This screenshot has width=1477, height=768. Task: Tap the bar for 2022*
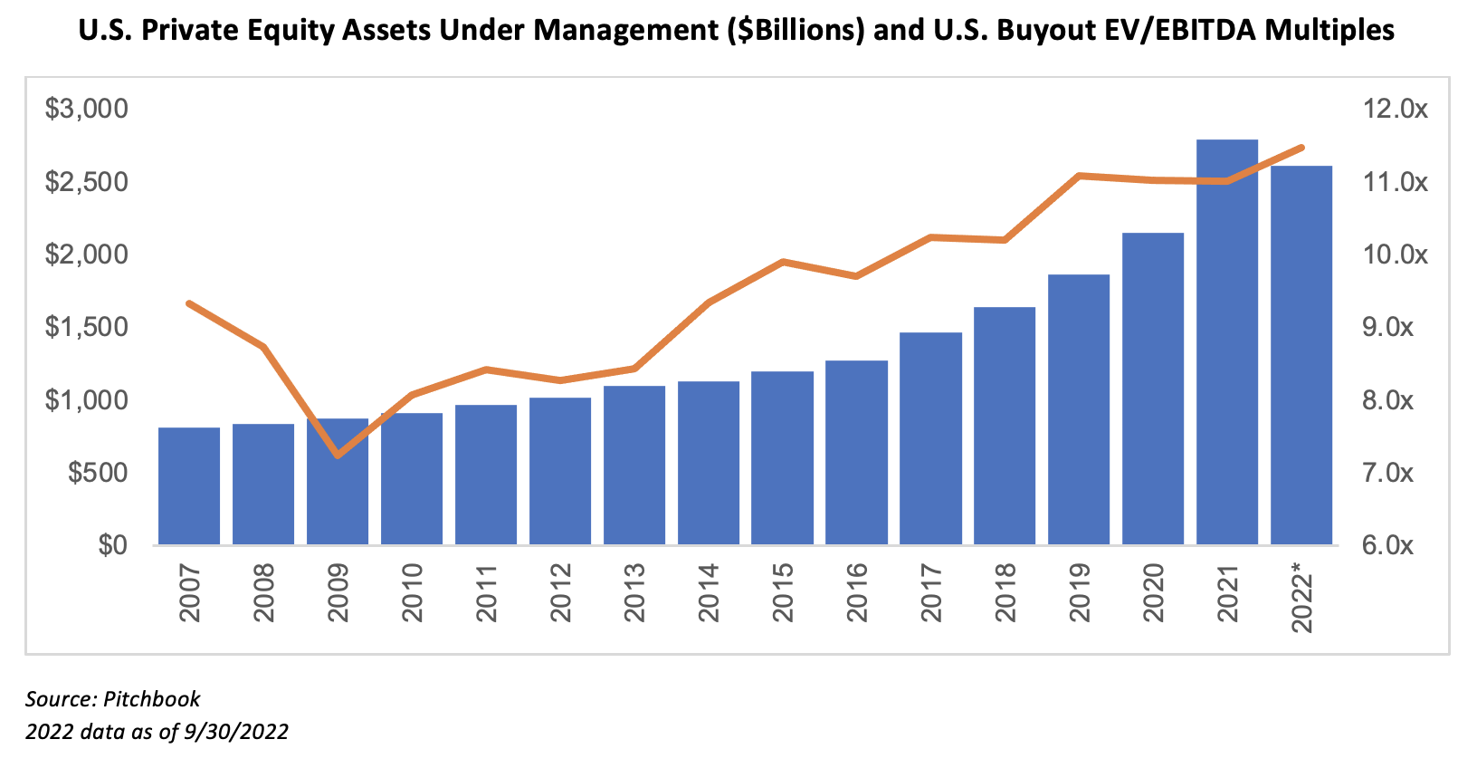(x=1301, y=362)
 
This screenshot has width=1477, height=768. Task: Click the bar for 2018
(x=1005, y=426)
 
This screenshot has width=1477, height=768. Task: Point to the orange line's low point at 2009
(x=338, y=455)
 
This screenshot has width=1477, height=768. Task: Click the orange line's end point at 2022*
(x=1301, y=148)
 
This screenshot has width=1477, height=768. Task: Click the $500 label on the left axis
(x=100, y=473)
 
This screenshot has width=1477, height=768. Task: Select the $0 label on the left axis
(x=112, y=545)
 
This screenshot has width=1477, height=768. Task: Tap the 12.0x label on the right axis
(x=1395, y=110)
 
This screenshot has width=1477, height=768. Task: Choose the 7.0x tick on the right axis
(x=1387, y=473)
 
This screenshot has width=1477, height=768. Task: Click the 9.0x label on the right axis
(x=1387, y=327)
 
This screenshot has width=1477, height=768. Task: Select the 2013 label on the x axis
(x=634, y=592)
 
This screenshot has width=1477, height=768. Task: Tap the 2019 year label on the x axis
(x=1080, y=592)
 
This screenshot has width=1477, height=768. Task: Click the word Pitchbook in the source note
(x=152, y=699)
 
